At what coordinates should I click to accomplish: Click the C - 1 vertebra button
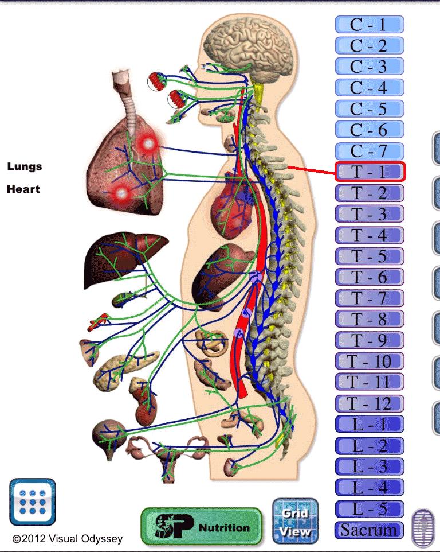[370, 25]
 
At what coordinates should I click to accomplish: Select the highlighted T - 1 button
[370, 172]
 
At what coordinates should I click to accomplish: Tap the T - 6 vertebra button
[370, 277]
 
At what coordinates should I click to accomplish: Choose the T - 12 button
[370, 403]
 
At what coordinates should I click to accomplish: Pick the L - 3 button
[370, 467]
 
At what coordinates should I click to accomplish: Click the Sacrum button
[370, 530]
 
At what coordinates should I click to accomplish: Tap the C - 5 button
[370, 108]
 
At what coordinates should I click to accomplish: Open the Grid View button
[294, 522]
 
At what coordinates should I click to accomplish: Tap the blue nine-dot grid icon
[33, 502]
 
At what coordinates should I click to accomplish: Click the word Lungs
[25, 166]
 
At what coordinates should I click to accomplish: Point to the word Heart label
[23, 189]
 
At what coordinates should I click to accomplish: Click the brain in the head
[250, 50]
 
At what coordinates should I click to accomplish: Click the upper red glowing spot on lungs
[148, 143]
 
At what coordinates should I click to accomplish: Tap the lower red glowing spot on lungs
[121, 193]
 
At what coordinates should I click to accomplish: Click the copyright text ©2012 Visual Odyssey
[68, 539]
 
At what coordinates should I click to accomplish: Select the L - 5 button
[370, 508]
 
